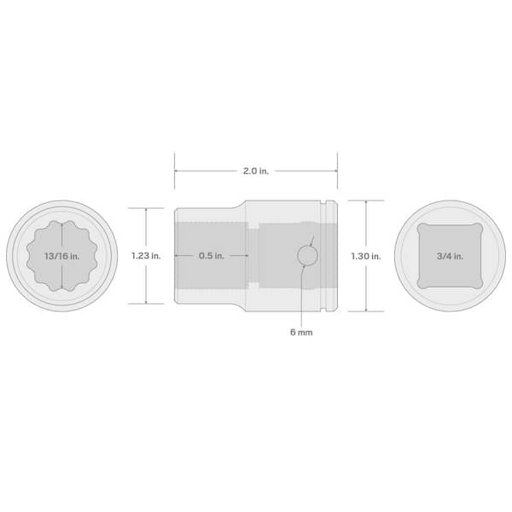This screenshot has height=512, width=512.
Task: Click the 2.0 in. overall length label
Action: click(256, 171)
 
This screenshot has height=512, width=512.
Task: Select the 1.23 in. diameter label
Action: click(146, 255)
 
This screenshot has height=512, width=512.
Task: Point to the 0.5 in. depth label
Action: click(212, 255)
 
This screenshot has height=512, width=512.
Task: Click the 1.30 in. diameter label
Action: click(366, 255)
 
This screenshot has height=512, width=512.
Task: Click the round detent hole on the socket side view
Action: click(307, 255)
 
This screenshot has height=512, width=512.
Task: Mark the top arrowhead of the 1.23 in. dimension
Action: click(146, 210)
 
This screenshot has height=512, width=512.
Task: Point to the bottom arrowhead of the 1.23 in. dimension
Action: click(146, 301)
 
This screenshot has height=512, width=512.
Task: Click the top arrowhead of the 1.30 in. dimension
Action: click(366, 204)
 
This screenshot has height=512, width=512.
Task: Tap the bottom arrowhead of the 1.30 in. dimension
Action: click(366, 307)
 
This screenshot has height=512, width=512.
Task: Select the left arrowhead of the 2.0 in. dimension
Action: click(177, 171)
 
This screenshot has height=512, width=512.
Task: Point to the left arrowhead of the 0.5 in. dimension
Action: click(177, 255)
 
